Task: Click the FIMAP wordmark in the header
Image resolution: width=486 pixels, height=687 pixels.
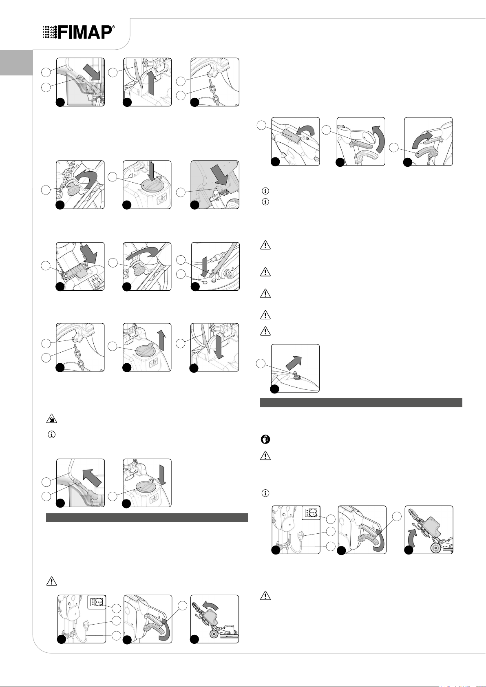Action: [x=85, y=32]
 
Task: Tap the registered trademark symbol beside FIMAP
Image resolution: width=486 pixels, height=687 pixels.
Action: [x=114, y=27]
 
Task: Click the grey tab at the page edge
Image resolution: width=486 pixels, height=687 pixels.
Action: [x=16, y=62]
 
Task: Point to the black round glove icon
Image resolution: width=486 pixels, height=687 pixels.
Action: [x=265, y=440]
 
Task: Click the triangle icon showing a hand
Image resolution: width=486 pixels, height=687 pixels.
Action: [x=51, y=419]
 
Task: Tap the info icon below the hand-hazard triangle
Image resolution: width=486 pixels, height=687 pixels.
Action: [x=52, y=435]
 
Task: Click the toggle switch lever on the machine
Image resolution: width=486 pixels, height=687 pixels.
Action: [x=297, y=375]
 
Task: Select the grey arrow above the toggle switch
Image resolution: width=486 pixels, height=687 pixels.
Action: [x=294, y=362]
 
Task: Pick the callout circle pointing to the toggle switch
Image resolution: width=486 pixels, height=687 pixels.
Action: [x=261, y=364]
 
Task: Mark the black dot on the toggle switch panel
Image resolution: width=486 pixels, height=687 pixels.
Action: [x=274, y=389]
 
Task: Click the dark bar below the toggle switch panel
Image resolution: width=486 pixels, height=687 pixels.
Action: [x=361, y=403]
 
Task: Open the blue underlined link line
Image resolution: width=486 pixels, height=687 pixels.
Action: [x=393, y=569]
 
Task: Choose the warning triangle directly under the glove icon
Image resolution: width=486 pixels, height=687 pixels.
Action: [x=265, y=455]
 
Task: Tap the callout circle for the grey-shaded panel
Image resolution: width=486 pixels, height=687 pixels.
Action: [x=181, y=192]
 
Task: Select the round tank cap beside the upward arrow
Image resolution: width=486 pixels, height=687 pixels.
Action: [x=144, y=350]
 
